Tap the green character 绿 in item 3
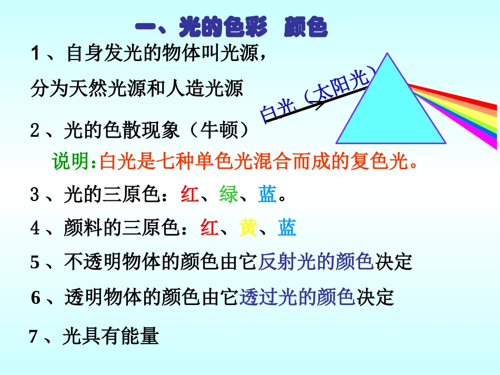(229, 195)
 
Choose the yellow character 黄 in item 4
(248, 228)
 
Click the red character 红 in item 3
(189, 195)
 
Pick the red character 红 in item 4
(209, 228)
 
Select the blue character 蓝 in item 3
(268, 195)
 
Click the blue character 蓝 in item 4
(287, 228)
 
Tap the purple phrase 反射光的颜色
(316, 262)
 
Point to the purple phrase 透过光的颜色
(297, 298)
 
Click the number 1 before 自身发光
(36, 54)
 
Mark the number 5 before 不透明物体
(35, 262)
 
